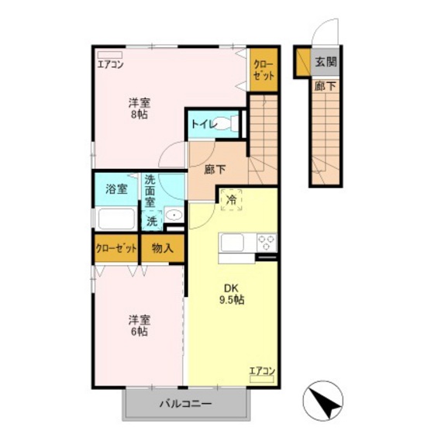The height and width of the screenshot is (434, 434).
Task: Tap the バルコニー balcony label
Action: point(186,403)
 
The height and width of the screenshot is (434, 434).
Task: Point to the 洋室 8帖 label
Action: point(139,108)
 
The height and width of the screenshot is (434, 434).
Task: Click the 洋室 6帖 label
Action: point(139,325)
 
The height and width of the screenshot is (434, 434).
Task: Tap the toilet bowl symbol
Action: point(225,123)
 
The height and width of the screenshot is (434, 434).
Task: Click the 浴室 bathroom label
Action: point(116,189)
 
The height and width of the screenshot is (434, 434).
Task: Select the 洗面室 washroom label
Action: point(153,191)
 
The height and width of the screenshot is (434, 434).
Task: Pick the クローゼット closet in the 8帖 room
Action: point(262,71)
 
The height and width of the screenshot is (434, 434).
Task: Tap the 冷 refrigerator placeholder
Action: point(231,199)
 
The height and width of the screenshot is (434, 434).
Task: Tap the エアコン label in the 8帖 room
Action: point(110,64)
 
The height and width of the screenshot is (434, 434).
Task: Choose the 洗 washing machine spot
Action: point(152,220)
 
